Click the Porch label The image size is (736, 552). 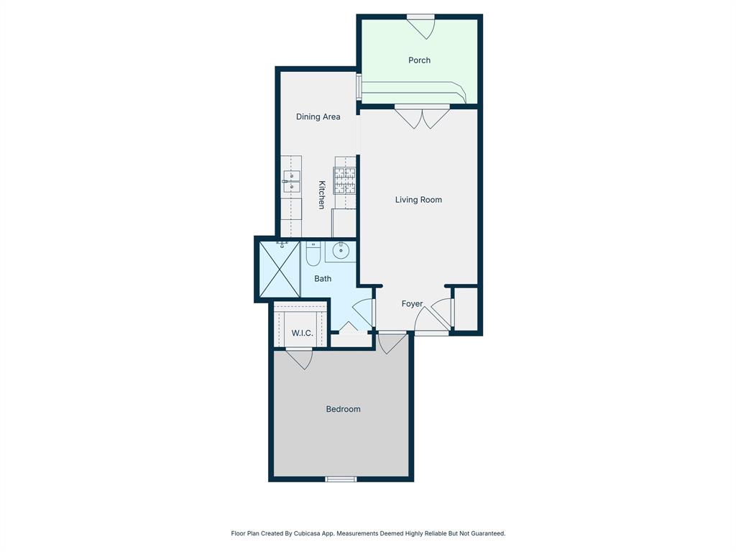click(419, 60)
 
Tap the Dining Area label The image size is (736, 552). click(318, 116)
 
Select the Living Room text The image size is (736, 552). click(418, 200)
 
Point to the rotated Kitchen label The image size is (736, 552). click(322, 195)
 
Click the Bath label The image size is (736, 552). click(323, 278)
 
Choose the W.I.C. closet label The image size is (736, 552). click(302, 333)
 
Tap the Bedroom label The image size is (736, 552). click(343, 409)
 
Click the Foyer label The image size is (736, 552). click(412, 304)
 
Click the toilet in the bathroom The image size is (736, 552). click(313, 254)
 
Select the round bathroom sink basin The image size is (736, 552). click(341, 252)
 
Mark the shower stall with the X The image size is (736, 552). click(279, 270)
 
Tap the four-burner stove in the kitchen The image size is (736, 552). click(344, 181)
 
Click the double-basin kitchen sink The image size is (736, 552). click(291, 183)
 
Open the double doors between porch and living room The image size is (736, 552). click(422, 116)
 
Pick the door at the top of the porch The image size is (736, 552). click(420, 26)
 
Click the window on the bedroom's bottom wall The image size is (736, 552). click(341, 479)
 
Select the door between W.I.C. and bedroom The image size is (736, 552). click(299, 357)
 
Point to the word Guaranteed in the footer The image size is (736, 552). click(487, 533)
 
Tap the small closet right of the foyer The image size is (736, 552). click(466, 309)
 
